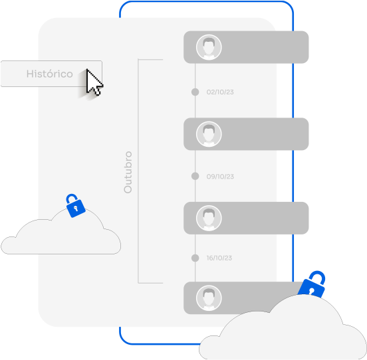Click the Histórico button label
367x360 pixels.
click(50, 74)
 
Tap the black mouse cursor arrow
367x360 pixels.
click(93, 82)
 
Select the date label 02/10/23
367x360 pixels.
click(220, 92)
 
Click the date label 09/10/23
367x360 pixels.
click(220, 177)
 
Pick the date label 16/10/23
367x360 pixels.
click(219, 258)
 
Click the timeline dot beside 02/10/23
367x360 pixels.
click(195, 92)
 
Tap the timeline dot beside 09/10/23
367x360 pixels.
click(195, 176)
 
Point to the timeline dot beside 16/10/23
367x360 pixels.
click(195, 258)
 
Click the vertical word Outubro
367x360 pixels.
click(128, 172)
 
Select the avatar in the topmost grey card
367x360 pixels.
click(209, 47)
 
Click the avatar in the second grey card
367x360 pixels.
click(209, 134)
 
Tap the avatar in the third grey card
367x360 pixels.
click(209, 218)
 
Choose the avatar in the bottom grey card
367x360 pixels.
click(209, 298)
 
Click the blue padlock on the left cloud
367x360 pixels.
click(75, 206)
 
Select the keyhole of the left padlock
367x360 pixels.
click(76, 209)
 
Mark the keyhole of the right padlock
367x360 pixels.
click(312, 292)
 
